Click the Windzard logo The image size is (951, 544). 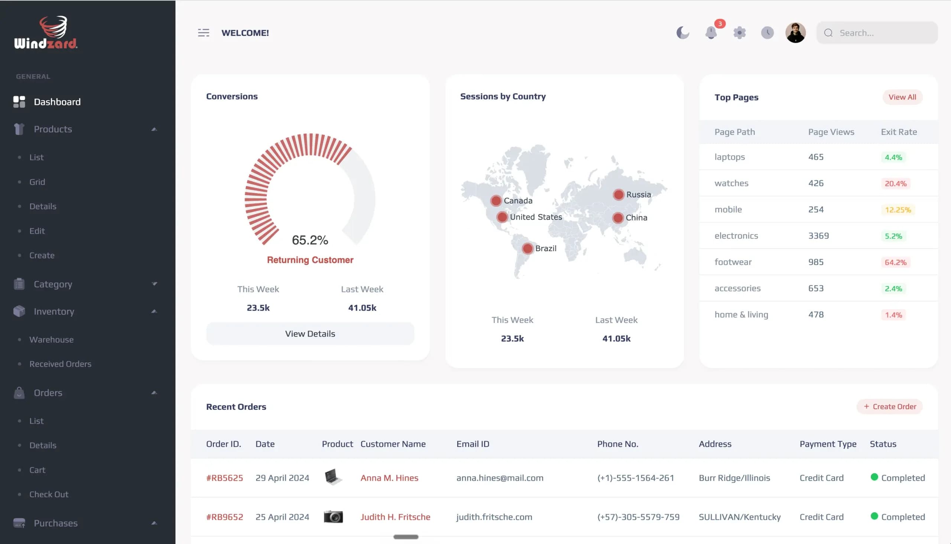[46, 32]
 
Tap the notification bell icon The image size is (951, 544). [711, 33]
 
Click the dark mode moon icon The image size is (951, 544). [683, 33]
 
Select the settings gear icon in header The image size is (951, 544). [739, 33]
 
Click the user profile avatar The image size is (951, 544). [795, 33]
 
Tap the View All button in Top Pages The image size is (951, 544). [902, 97]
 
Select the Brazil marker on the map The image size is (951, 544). [527, 249]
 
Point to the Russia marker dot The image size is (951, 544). [618, 195]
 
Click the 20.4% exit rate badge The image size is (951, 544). [895, 184]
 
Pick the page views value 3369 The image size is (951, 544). [818, 236]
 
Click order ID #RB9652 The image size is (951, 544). [224, 517]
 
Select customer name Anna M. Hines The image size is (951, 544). [389, 478]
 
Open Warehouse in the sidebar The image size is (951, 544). [52, 340]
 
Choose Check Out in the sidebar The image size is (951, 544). [49, 494]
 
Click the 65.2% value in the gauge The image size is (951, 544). [310, 240]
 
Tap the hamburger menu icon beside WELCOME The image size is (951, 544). [204, 33]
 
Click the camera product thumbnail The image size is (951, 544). [333, 517]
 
